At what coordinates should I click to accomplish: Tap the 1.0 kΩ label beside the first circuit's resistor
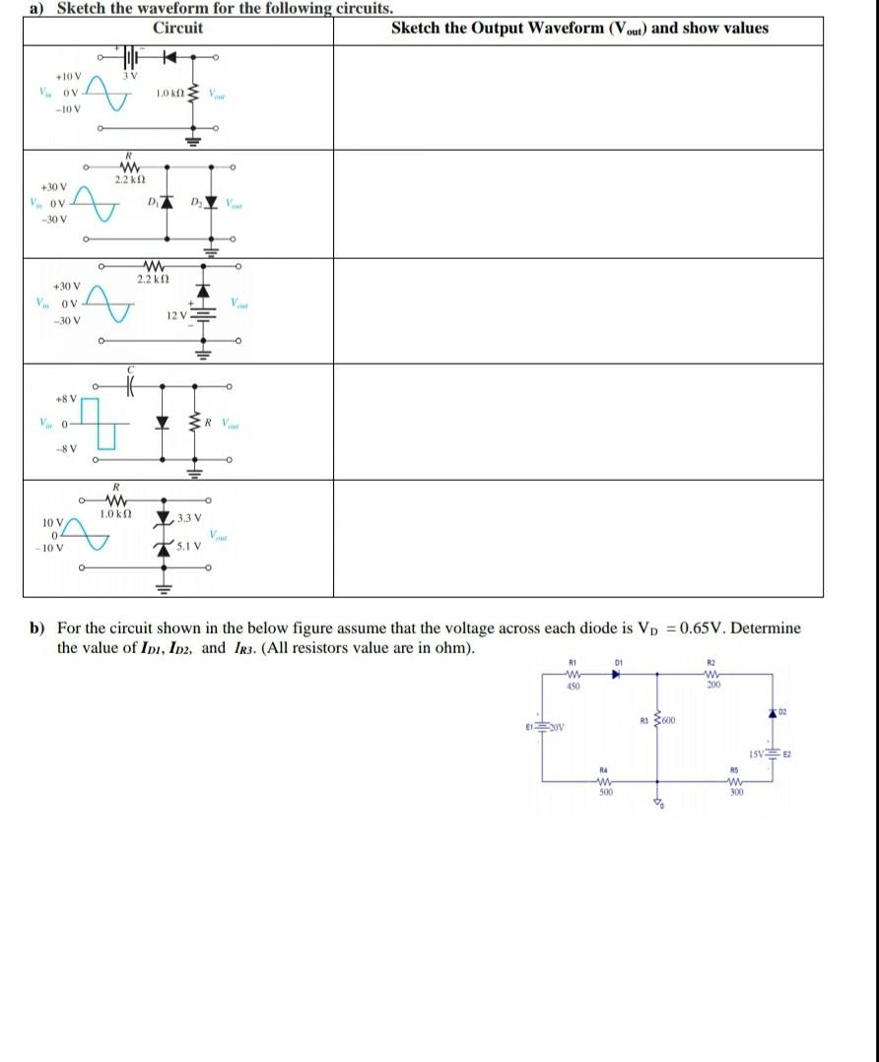click(169, 94)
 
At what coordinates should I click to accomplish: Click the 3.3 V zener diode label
click(189, 518)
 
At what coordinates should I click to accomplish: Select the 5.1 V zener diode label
click(189, 545)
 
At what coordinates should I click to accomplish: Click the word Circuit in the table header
click(177, 28)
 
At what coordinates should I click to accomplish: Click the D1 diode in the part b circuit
click(617, 676)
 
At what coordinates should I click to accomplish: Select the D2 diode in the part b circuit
click(772, 710)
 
